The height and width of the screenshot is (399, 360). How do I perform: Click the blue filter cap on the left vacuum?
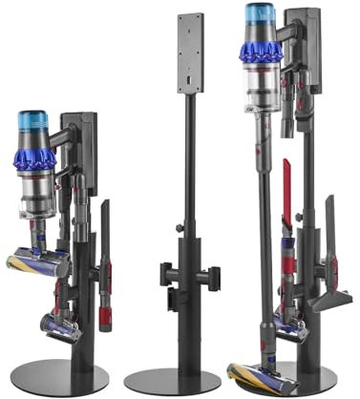point(33,122)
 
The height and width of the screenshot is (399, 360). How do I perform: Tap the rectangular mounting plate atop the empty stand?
point(190,52)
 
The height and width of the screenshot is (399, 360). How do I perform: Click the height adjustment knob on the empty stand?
point(179,227)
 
